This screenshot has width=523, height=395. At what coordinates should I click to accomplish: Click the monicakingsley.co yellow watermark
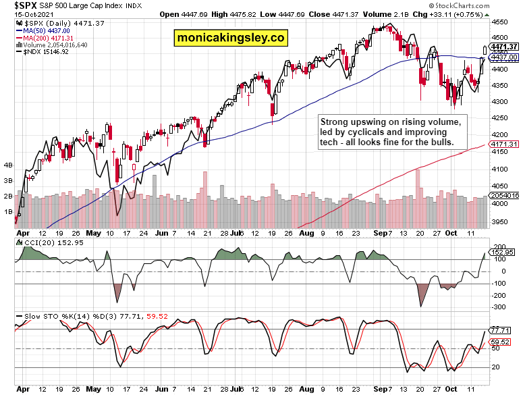click(229, 38)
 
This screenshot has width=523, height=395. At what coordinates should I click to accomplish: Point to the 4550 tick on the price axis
click(499, 20)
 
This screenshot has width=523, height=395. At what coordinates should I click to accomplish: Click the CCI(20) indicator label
click(31, 242)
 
